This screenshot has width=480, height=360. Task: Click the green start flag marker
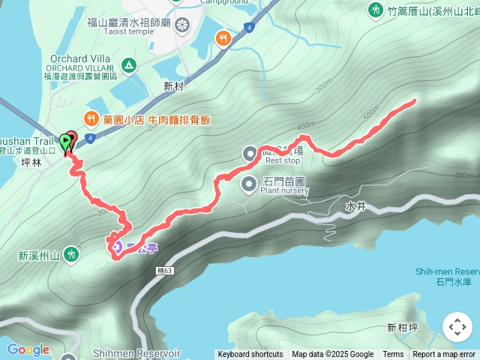pyautogui.click(x=66, y=140)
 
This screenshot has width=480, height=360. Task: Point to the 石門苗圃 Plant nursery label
pyautogui.click(x=285, y=184)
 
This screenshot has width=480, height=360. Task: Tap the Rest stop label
pyautogui.click(x=282, y=160)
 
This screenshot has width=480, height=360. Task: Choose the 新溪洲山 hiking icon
pyautogui.click(x=71, y=255)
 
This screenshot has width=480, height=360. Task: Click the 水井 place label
pyautogui.click(x=355, y=204)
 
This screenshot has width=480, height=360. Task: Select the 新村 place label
pyautogui.click(x=173, y=87)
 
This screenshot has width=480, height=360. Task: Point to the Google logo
pyautogui.click(x=28, y=349)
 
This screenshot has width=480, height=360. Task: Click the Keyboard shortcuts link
pyautogui.click(x=250, y=354)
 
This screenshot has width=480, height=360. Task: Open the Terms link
pyautogui.click(x=393, y=354)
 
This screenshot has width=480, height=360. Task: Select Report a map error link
pyautogui.click(x=444, y=354)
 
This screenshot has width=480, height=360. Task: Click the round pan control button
pyautogui.click(x=457, y=327)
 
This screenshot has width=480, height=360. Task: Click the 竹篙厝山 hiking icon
pyautogui.click(x=375, y=10)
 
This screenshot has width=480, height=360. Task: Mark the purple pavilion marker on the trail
pyautogui.click(x=116, y=244)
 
